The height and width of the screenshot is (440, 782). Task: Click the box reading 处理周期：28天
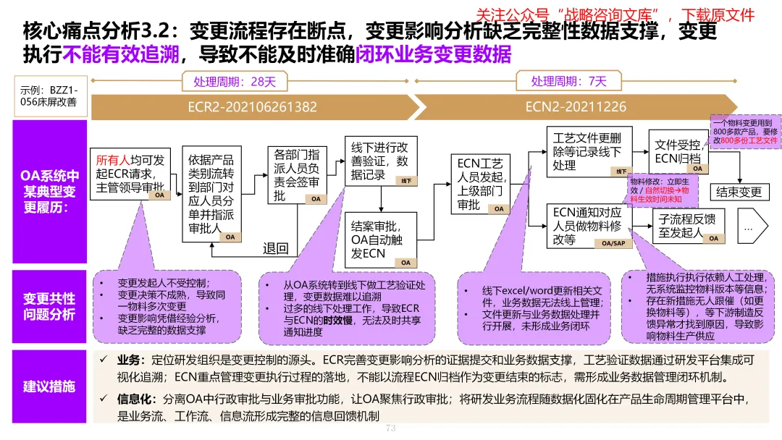tap(234, 81)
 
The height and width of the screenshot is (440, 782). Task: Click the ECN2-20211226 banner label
tap(576, 107)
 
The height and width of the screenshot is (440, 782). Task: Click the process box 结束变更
tap(739, 192)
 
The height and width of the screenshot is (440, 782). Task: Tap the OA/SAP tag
tap(613, 244)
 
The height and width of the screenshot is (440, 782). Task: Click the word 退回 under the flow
tap(275, 249)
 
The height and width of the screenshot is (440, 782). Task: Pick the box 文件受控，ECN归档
tap(678, 151)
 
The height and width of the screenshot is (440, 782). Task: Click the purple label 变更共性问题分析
tap(49, 307)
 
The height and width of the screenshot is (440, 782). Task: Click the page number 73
tap(392, 428)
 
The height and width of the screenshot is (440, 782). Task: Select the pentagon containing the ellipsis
tap(752, 227)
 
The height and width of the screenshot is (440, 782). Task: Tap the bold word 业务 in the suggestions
tap(127, 360)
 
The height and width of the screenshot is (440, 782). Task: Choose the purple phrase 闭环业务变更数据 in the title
tap(433, 54)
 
